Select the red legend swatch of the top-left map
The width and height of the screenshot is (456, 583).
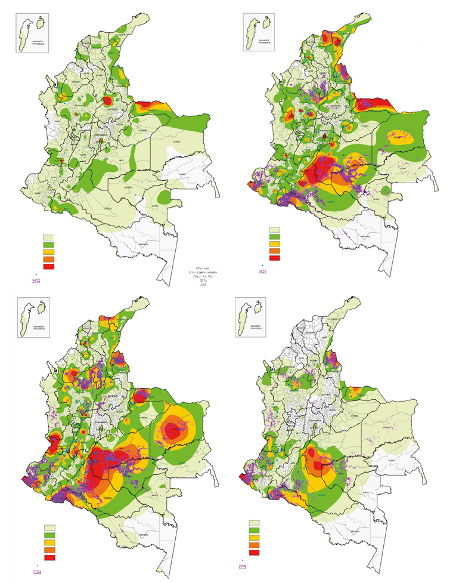pos(48,267)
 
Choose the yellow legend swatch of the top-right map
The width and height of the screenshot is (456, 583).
pos(275,243)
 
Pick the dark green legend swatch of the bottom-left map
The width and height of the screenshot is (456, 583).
pos(49,535)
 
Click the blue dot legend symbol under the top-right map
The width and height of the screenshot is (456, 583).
pos(262,265)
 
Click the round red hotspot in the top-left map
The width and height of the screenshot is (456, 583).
pos(108,101)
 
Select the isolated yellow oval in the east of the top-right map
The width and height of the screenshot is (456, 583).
pos(404,137)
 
